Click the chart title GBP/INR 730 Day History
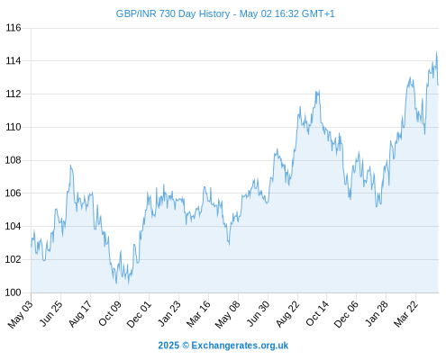pos(173,13)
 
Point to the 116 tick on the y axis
pos(14,28)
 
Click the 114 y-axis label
pos(14,61)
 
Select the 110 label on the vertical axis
pos(14,127)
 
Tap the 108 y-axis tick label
pos(14,160)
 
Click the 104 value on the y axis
pos(14,226)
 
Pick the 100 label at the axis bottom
pos(14,292)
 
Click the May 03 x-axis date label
pos(21,314)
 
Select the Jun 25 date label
pos(51,313)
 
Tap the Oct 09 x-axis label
pos(110,313)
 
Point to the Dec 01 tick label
pos(139,314)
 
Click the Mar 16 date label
pos(198,314)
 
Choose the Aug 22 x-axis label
pos(287,314)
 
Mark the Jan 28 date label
pos(377,313)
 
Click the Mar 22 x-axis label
pos(406,314)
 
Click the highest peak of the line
pos(436,52)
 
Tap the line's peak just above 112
pos(319,90)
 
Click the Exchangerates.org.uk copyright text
pos(223,346)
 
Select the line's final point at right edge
pos(438,85)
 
